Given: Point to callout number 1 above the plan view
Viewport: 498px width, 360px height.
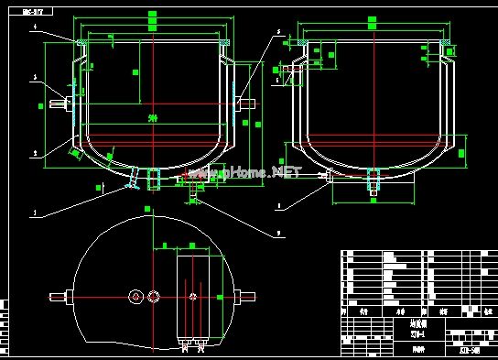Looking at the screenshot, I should (34, 213).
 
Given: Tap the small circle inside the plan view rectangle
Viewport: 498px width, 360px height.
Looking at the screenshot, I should (192, 296).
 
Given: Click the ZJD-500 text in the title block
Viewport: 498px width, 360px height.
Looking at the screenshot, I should (471, 349).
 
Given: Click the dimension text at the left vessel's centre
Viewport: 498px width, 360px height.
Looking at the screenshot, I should (152, 117).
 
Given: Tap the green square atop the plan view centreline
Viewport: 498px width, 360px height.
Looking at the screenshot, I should (148, 209).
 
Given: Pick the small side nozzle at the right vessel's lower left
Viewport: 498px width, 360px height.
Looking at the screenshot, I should (322, 172).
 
